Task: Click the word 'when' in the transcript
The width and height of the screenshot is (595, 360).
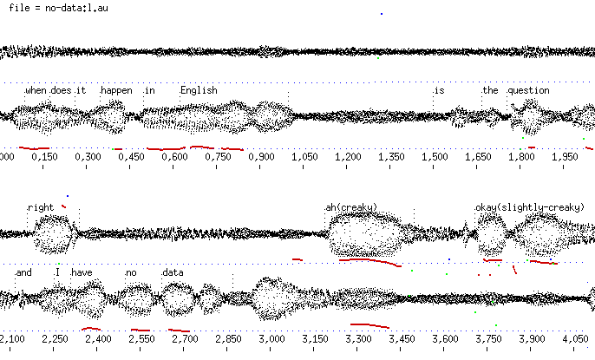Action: click(36, 90)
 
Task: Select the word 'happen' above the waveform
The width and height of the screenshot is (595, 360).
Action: click(117, 90)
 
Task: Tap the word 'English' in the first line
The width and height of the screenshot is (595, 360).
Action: click(199, 90)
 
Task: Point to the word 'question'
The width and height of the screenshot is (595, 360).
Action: click(529, 90)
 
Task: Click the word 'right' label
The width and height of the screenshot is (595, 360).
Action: click(41, 207)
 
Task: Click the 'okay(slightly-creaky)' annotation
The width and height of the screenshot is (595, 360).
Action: click(530, 207)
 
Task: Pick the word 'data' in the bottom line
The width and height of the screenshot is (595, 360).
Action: click(173, 272)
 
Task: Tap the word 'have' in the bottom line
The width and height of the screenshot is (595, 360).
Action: click(82, 272)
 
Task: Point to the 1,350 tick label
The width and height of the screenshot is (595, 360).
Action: click(390, 157)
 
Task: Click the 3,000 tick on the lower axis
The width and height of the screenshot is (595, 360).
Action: click(271, 338)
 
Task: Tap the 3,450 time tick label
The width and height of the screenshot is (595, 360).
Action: click(402, 338)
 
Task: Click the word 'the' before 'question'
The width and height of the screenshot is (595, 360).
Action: click(491, 90)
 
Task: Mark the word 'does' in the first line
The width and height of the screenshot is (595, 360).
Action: click(61, 90)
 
